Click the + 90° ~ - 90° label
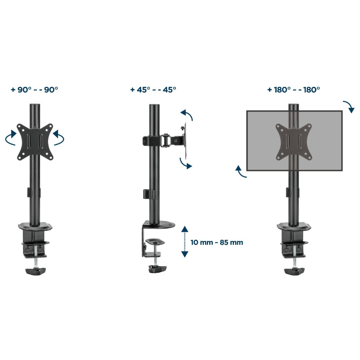click(x=35, y=90)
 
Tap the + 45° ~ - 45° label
click(x=153, y=90)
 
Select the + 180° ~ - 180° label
click(x=294, y=90)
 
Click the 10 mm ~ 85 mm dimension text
click(x=217, y=243)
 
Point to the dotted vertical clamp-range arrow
click(x=184, y=242)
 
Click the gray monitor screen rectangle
click(x=295, y=141)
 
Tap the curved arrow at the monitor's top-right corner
click(x=350, y=106)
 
